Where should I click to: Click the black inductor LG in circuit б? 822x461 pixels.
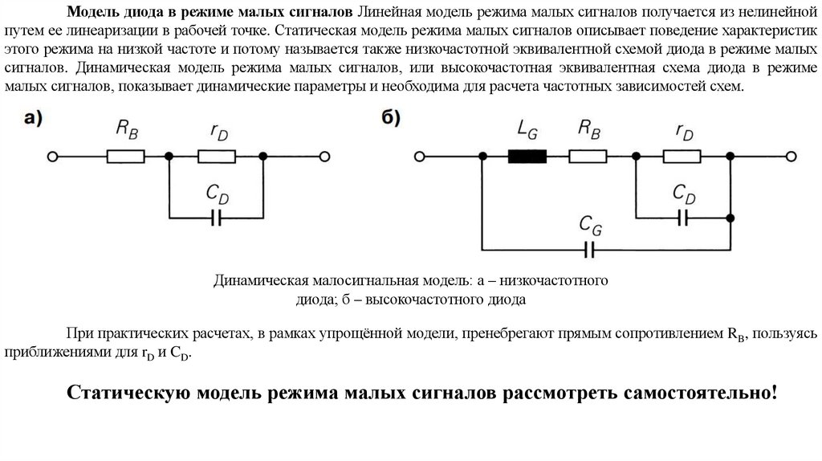pyautogui.click(x=527, y=157)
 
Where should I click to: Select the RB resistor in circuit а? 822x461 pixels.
pyautogui.click(x=126, y=157)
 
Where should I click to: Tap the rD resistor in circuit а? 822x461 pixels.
pyautogui.click(x=217, y=157)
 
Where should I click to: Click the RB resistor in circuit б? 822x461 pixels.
pyautogui.click(x=588, y=157)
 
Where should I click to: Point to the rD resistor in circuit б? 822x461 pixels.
pyautogui.click(x=683, y=157)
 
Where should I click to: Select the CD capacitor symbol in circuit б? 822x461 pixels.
pyautogui.click(x=683, y=217)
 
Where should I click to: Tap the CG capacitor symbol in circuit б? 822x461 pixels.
pyautogui.click(x=590, y=250)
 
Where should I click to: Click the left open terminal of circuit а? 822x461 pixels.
pyautogui.click(x=52, y=157)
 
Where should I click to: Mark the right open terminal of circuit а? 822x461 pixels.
pyautogui.click(x=324, y=157)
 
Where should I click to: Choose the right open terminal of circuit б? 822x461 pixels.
pyautogui.click(x=791, y=157)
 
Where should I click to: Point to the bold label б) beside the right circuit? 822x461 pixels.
pyautogui.click(x=391, y=118)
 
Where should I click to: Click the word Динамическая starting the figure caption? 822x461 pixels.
pyautogui.click(x=255, y=282)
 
